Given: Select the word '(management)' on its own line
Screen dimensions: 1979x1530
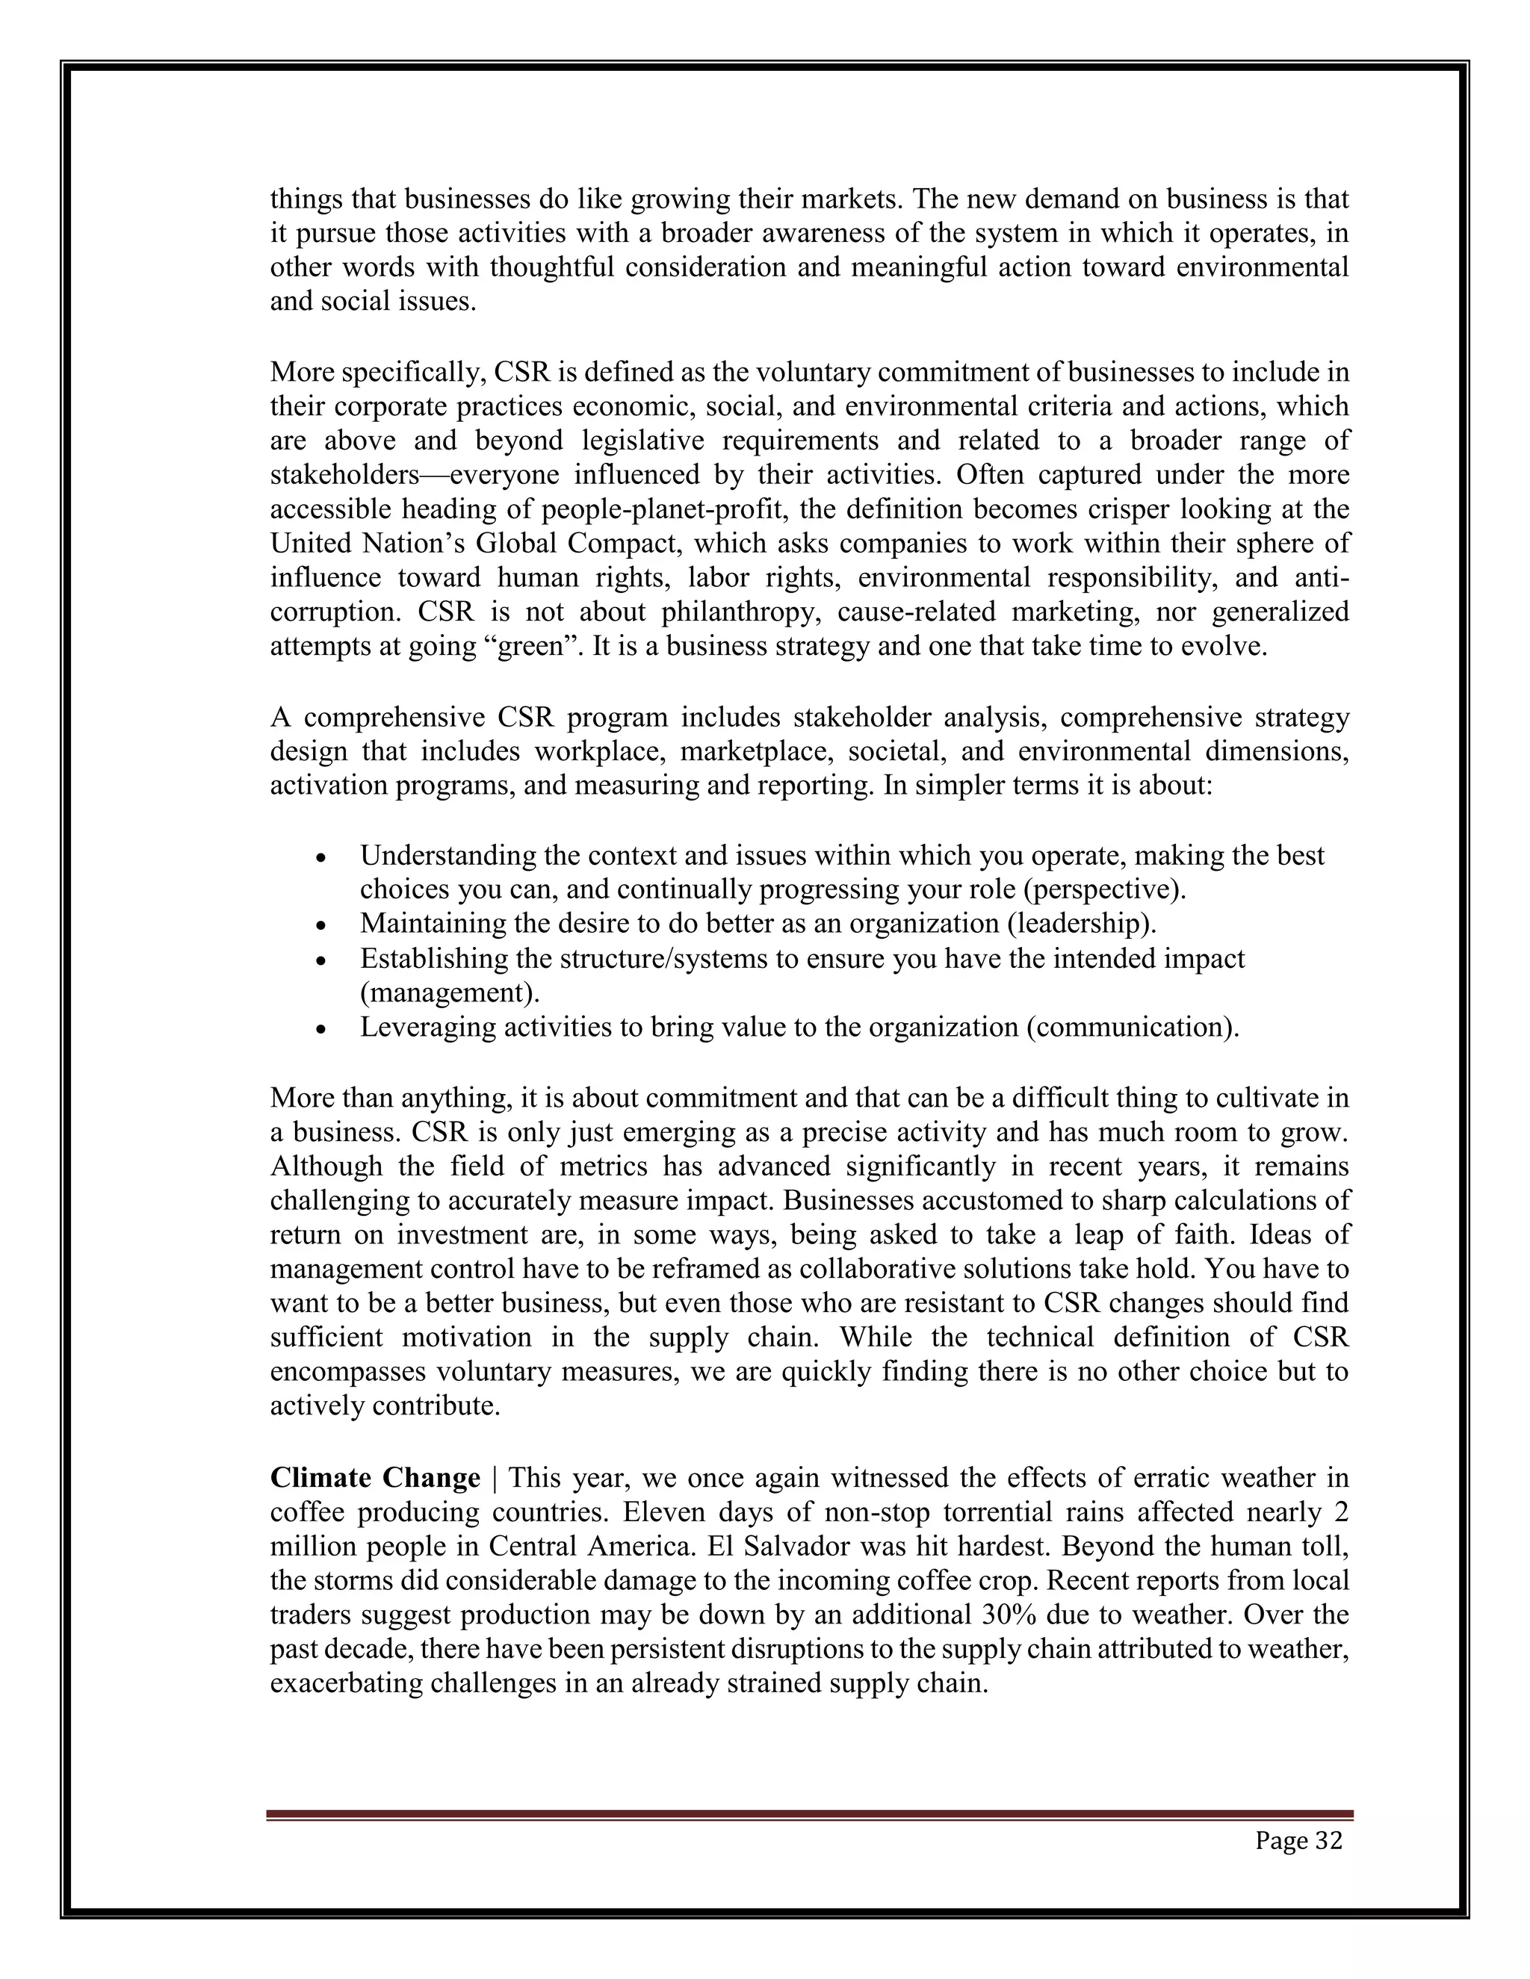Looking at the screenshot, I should [x=450, y=993].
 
